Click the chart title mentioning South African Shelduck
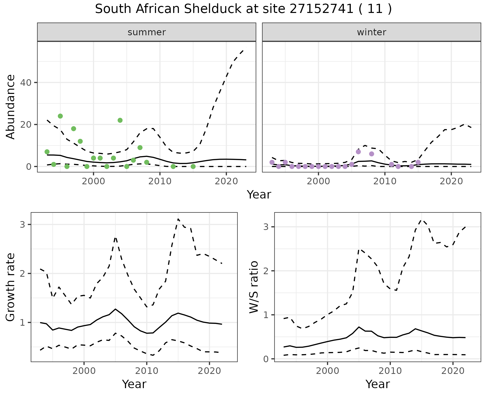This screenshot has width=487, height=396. tap(243, 9)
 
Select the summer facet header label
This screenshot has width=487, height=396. tap(147, 32)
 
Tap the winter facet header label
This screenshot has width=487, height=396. tap(371, 32)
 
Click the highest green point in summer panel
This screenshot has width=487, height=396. tap(60, 116)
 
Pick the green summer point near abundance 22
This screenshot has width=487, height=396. tap(120, 120)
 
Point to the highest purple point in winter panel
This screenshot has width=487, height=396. tap(358, 152)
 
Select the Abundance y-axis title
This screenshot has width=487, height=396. tap(11, 107)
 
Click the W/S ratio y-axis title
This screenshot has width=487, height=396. tap(254, 287)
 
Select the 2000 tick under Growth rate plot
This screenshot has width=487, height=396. tap(84, 371)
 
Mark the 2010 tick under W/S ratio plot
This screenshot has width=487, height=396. tap(390, 371)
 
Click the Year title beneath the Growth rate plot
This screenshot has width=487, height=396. tap(134, 384)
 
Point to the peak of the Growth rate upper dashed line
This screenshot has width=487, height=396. tap(178, 219)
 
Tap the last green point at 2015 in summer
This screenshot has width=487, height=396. tap(193, 167)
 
